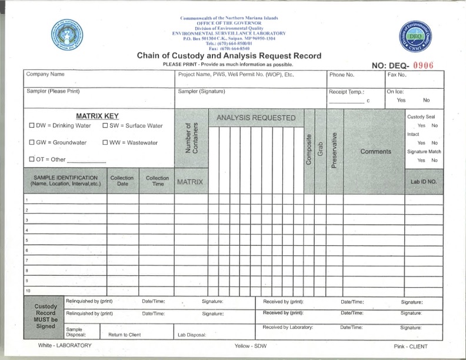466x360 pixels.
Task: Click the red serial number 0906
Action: pyautogui.click(x=422, y=65)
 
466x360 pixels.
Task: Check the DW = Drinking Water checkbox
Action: pyautogui.click(x=32, y=126)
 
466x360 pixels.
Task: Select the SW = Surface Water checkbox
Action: pyautogui.click(x=105, y=126)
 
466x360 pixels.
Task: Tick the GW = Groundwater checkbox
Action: pyautogui.click(x=32, y=143)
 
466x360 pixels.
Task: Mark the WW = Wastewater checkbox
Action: pyautogui.click(x=105, y=143)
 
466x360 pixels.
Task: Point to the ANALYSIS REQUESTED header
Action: pyautogui.click(x=256, y=118)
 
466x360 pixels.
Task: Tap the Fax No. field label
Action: pyautogui.click(x=397, y=75)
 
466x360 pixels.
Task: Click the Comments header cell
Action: pyautogui.click(x=375, y=151)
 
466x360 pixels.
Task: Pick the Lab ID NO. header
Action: pyautogui.click(x=423, y=182)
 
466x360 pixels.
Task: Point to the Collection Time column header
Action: pyautogui.click(x=157, y=181)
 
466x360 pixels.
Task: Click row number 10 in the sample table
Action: pyautogui.click(x=26, y=291)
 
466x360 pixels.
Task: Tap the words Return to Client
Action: pyautogui.click(x=125, y=335)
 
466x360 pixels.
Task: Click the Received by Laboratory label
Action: pyautogui.click(x=288, y=327)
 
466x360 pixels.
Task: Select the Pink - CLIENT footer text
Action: pyautogui.click(x=411, y=346)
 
